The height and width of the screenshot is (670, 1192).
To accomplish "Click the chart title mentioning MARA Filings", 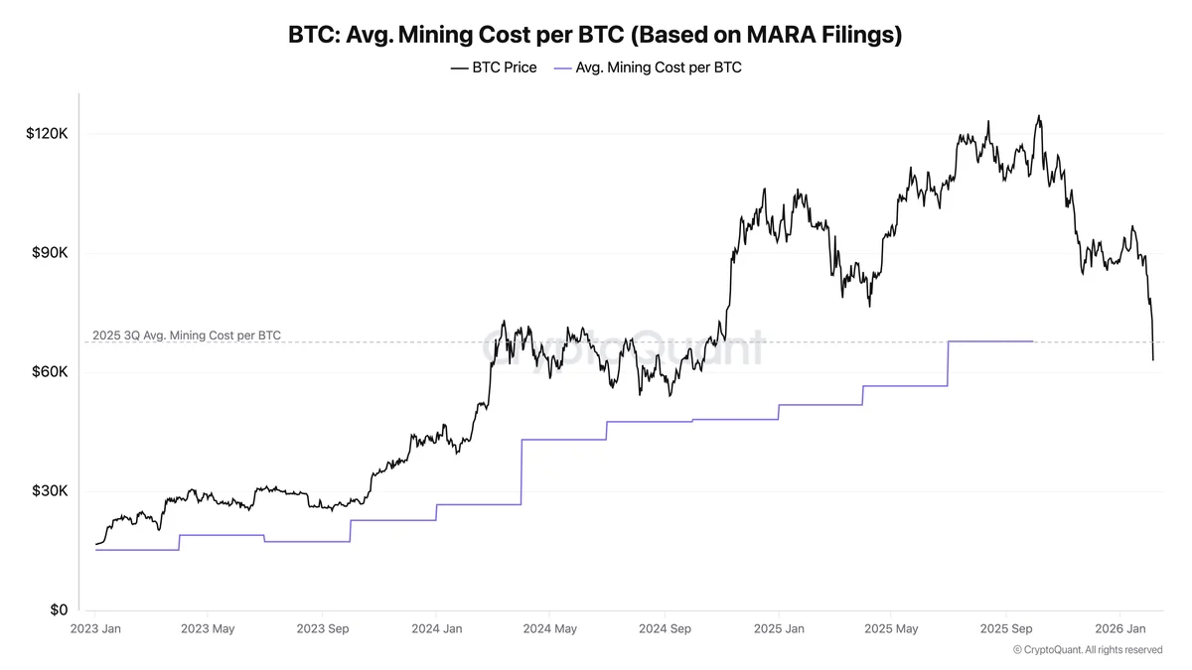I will click(595, 35).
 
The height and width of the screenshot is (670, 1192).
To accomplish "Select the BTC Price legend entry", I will click(494, 67).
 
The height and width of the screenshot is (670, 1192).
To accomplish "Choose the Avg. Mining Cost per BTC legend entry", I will click(648, 67).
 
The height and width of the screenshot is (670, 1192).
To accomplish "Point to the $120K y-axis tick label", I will click(46, 134).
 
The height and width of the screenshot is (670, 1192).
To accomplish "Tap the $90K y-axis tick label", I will click(50, 253).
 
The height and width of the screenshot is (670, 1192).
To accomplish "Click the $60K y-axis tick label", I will click(50, 372).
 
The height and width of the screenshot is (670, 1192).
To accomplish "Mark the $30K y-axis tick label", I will click(50, 491).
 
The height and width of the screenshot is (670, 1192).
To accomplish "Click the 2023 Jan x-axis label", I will click(95, 629).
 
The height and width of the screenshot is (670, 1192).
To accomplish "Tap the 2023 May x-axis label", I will click(208, 629).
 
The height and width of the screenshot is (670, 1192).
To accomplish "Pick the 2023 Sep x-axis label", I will click(324, 629).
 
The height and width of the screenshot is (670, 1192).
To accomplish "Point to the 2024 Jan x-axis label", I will click(437, 629).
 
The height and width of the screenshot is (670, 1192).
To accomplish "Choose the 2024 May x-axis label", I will click(550, 629).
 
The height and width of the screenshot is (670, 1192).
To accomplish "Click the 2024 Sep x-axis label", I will click(666, 629).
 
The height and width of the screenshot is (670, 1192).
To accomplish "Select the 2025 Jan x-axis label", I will click(779, 629).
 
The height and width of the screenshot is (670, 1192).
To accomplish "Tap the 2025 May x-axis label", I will click(891, 629).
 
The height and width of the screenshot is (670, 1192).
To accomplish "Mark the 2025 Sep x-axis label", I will click(1006, 629).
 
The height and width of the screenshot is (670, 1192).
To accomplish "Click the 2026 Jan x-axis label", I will click(1120, 629).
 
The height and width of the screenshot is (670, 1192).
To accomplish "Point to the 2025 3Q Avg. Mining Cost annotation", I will click(186, 335).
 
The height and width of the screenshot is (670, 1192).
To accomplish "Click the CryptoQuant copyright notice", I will click(1087, 650).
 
